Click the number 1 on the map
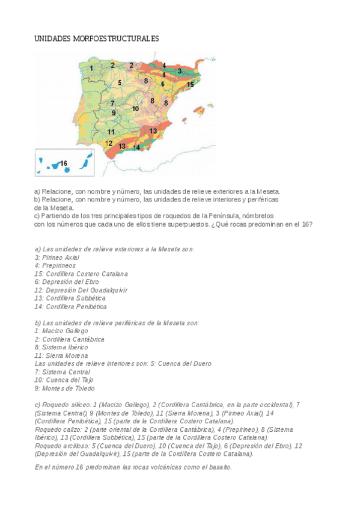click(x=91, y=68)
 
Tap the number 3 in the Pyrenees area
click(x=178, y=71)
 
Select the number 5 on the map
click(x=120, y=82)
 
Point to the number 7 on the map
click(x=112, y=103)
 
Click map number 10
click(x=136, y=109)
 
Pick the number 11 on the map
click(x=111, y=131)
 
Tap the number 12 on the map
click(x=109, y=143)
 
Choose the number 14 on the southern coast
click(x=136, y=147)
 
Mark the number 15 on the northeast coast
click(x=190, y=85)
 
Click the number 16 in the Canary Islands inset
click(x=63, y=162)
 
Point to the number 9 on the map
click(x=114, y=112)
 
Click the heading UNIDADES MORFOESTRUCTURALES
click(x=96, y=38)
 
